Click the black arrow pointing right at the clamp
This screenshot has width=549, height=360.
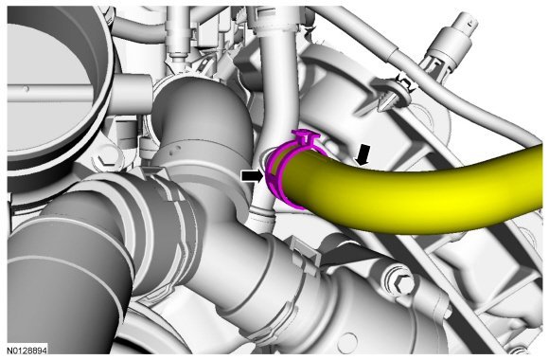tap(252, 176)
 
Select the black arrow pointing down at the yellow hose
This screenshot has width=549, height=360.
tap(363, 154)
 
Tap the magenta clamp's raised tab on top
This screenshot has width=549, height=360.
tap(304, 135)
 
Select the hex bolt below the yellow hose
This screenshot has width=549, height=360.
tap(401, 281)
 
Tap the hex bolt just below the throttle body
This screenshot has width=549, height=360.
tap(105, 160)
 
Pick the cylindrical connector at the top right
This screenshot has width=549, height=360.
tap(455, 39)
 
